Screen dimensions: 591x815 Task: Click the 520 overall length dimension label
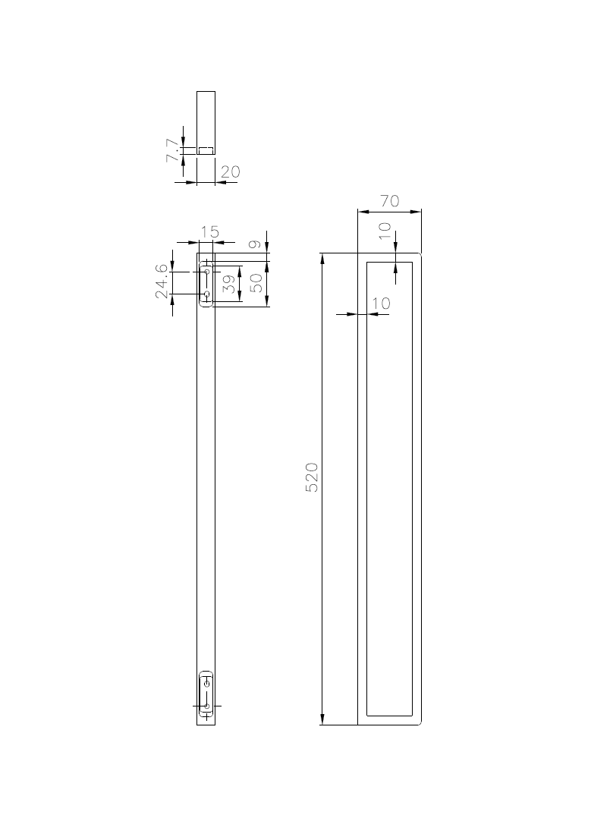point(311,477)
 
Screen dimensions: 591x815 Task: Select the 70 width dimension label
point(389,200)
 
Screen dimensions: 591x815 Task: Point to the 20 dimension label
point(231,171)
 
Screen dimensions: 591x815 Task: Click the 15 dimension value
point(210,231)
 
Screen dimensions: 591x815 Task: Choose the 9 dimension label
point(254,244)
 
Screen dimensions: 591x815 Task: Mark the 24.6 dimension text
point(162,282)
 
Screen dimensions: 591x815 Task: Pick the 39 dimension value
point(229,284)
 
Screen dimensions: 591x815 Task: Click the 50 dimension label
point(256,283)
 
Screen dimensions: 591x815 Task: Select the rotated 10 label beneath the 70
point(385,230)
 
